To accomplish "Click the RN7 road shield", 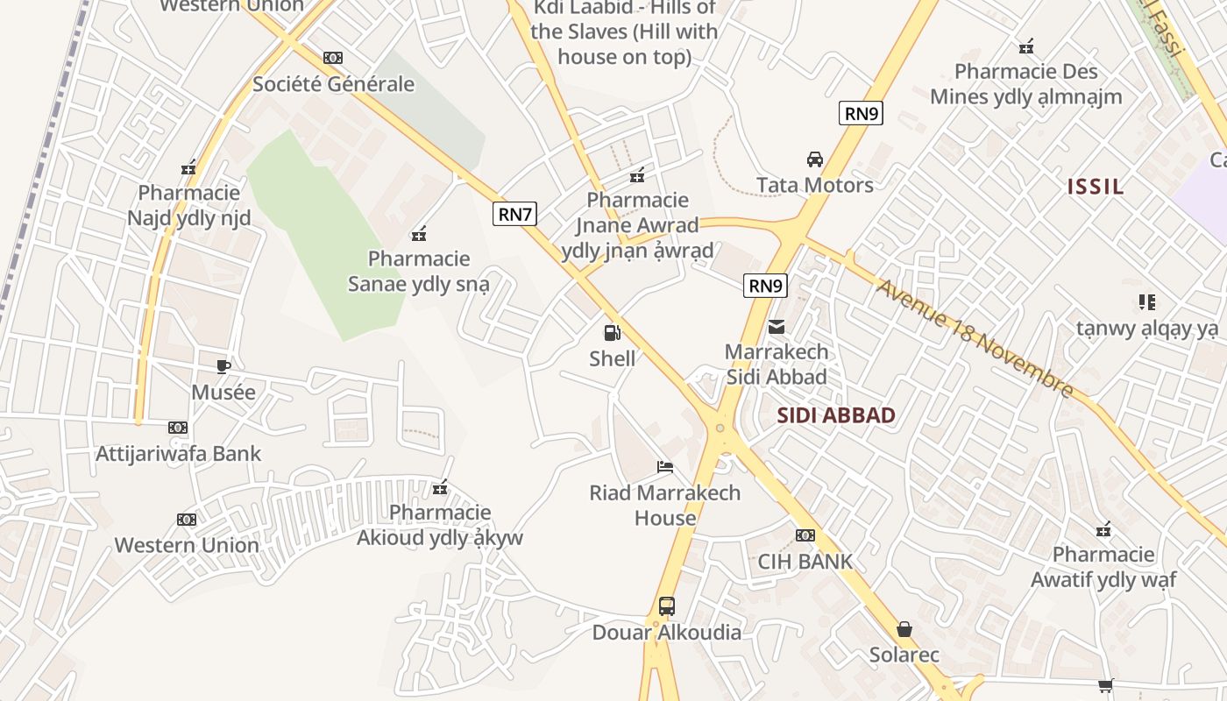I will [514, 214].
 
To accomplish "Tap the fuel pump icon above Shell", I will [612, 333].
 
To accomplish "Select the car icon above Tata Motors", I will [815, 159].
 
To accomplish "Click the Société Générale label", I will [333, 84].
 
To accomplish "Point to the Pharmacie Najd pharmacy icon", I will [188, 167].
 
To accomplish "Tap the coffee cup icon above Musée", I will [223, 366].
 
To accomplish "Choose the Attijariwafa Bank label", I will [178, 453].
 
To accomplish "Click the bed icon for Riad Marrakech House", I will [665, 467].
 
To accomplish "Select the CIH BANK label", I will [805, 561].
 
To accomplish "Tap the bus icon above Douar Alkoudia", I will [667, 605].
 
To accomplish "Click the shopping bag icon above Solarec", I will [904, 629].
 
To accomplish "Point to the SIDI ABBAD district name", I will [836, 415].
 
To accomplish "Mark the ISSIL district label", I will [1096, 186].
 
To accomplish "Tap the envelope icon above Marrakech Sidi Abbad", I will [777, 327].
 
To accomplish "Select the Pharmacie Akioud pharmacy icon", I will [440, 487].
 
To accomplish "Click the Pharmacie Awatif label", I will [1103, 567].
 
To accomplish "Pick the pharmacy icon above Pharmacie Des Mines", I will [1026, 46].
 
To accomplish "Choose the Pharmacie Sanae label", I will [419, 271].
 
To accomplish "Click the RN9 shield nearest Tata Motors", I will [860, 113].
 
